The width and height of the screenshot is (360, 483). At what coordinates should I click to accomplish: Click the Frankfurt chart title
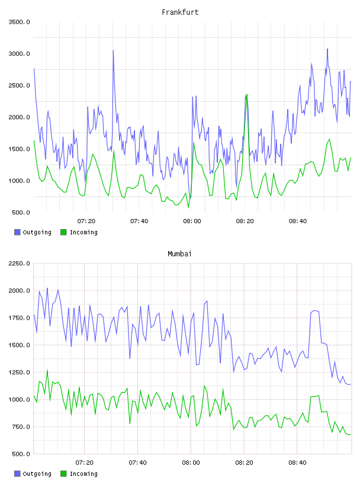(180, 12)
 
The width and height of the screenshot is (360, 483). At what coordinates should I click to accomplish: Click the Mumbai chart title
(179, 254)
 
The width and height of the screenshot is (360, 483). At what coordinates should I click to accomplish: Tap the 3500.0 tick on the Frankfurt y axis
(19, 22)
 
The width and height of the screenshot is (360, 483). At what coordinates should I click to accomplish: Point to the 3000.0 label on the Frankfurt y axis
(19, 54)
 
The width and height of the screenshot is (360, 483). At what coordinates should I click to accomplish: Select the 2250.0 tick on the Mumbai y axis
(19, 263)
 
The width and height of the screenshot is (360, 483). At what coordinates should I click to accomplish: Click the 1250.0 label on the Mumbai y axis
(19, 372)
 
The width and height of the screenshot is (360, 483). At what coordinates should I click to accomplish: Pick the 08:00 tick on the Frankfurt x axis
(192, 221)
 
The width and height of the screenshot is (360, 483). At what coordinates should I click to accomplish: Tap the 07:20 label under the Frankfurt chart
(86, 221)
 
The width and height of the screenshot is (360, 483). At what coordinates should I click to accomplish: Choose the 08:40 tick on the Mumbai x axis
(297, 463)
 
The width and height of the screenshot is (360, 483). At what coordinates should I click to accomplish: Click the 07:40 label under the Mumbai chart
(138, 463)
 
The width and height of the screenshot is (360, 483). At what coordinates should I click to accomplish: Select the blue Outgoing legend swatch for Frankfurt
(17, 232)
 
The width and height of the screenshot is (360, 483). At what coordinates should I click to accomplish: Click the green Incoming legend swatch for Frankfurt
(63, 232)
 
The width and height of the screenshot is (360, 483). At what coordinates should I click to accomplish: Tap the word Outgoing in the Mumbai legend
(37, 474)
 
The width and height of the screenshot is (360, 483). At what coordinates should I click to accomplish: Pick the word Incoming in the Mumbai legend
(83, 474)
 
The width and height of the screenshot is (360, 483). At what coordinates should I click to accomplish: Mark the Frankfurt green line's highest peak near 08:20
(247, 94)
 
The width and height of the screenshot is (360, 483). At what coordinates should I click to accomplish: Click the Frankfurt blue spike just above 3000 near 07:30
(113, 50)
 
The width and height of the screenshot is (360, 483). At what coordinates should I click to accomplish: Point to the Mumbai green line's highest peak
(47, 369)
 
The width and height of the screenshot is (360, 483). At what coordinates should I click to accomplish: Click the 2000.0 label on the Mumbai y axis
(19, 291)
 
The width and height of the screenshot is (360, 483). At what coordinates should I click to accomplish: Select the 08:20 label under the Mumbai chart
(244, 463)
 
